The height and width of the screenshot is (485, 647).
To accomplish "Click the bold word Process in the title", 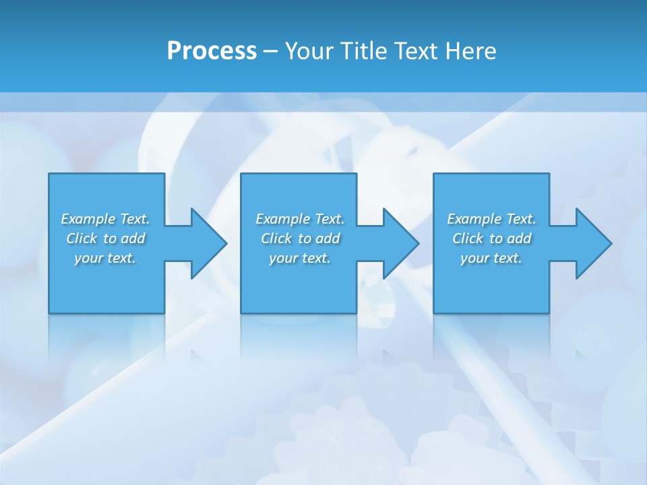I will pos(212,51).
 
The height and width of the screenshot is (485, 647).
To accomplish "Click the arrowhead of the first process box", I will pos(206,243).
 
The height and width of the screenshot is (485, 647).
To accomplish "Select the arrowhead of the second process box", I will pos(398,243).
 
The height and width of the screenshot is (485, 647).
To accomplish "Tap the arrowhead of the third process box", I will pos(591,243).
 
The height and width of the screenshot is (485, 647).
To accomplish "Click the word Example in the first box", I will pos(88,219).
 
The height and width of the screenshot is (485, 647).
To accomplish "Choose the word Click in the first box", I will pos(82,238).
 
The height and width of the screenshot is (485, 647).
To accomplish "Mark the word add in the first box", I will pos(133,238).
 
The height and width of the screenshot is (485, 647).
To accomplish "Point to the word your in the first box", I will pos(88,258).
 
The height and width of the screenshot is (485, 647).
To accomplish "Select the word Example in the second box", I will pos(283,219).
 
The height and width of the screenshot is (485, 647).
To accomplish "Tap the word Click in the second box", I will pos(277,238).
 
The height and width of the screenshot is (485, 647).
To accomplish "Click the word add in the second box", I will pos(328,238).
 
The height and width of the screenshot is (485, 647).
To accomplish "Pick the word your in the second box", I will pos(283,258).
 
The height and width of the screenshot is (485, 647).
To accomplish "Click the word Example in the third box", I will pos(474,219).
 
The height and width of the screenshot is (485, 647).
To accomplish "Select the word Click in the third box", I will pos(468,238).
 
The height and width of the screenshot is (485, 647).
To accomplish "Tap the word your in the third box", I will pos(474,258).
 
